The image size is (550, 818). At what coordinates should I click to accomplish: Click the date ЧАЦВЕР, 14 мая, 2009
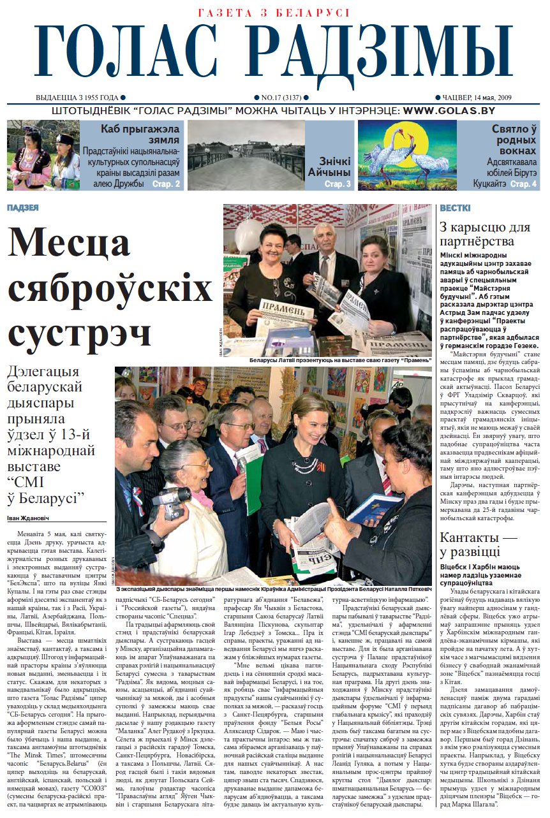point(475,98)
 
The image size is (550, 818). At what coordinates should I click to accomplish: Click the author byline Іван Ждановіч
point(33,516)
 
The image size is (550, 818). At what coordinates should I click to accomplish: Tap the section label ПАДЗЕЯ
point(23,208)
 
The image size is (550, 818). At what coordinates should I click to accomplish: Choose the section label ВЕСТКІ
point(455,208)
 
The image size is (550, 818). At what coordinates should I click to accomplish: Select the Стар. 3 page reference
point(338,184)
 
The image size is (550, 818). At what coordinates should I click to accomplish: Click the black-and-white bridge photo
point(246,155)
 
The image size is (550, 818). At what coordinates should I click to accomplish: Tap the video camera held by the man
point(171,499)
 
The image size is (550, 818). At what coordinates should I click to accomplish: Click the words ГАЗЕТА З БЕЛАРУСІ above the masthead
point(274,13)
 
